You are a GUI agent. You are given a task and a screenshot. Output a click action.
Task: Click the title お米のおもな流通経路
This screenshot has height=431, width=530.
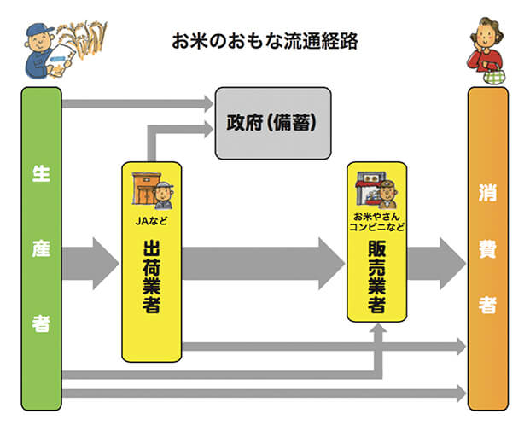coord(265,41)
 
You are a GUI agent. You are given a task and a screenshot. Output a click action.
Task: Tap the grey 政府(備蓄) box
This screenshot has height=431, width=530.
coord(272,123)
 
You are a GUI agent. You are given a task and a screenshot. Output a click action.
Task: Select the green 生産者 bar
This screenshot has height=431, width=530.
coord(41,248)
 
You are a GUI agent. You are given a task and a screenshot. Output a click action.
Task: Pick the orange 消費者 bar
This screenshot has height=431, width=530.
coord(487,248)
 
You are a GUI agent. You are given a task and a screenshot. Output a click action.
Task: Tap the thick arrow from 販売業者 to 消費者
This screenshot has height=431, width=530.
coord(435,258)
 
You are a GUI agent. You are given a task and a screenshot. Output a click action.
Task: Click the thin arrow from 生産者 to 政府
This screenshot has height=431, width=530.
coord(137,104)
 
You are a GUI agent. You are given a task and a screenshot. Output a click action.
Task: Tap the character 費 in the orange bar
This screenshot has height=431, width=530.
coord(487,255)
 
